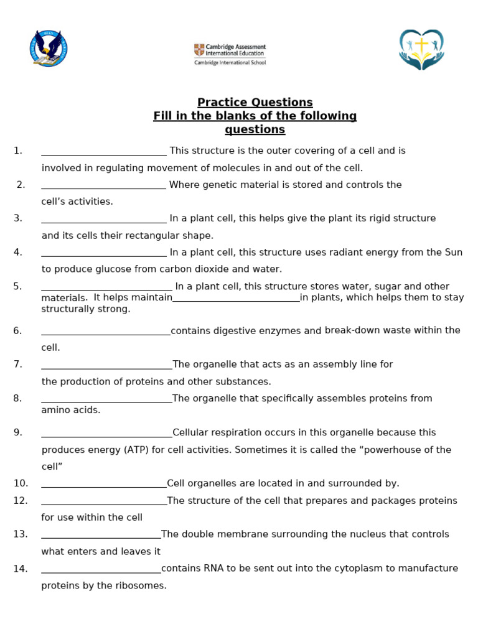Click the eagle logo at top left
48,49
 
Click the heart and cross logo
421,49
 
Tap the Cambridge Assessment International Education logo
230,54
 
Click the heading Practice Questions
255,103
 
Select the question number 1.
17,151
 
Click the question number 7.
17,365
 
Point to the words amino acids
70,410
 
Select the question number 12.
20,501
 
